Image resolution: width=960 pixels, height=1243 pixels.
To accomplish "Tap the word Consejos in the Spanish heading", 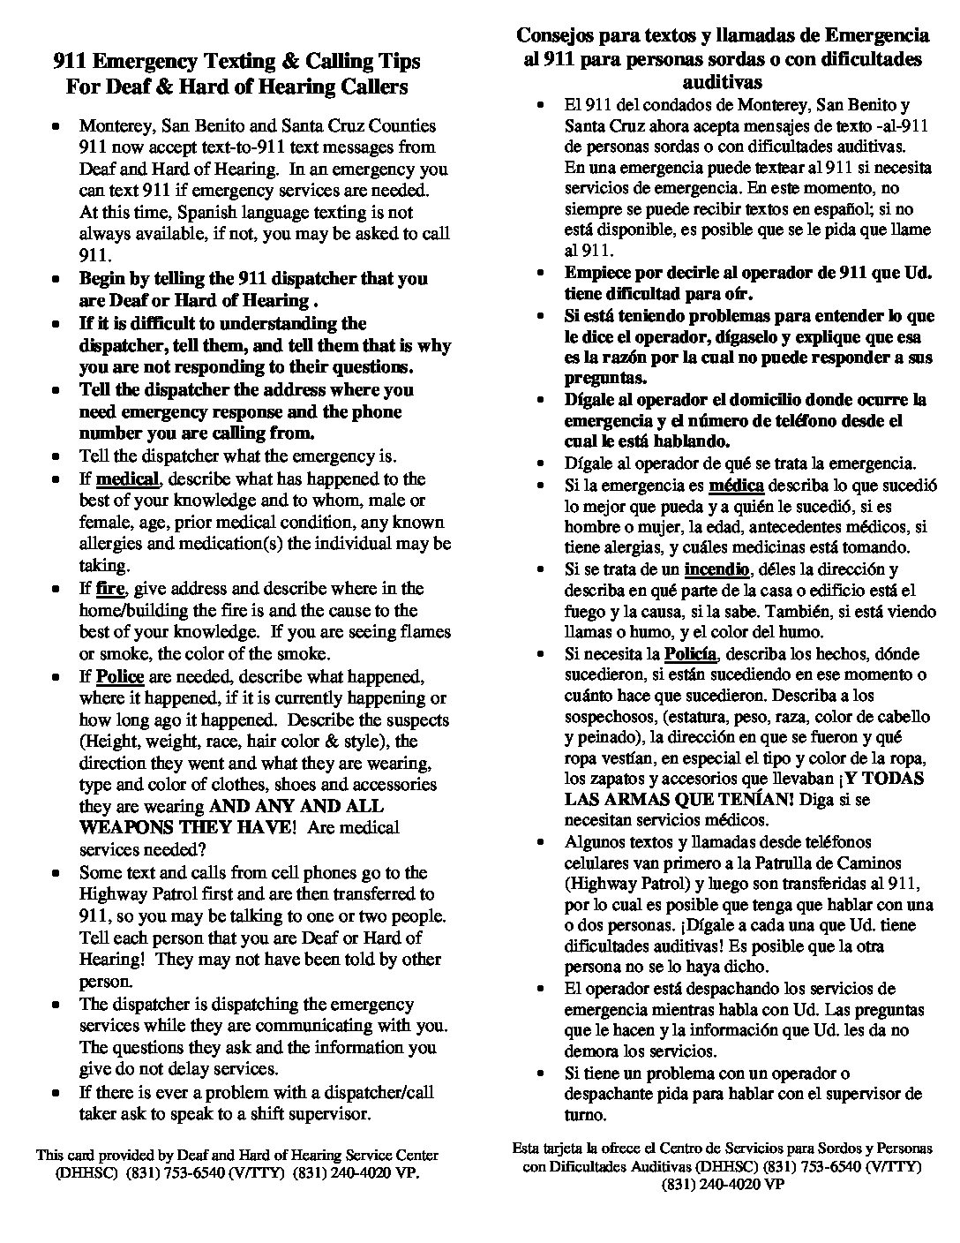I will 554,36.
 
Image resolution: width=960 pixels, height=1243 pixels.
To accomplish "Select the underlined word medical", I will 127,479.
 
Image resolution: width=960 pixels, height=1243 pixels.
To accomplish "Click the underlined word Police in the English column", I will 119,677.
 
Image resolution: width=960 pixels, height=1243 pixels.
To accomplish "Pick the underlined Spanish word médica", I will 737,486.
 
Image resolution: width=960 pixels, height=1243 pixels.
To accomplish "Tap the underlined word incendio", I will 716,569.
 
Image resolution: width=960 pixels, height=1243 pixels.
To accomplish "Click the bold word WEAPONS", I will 126,828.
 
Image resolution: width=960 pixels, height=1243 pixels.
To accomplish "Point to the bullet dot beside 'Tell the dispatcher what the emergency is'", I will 56,457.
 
